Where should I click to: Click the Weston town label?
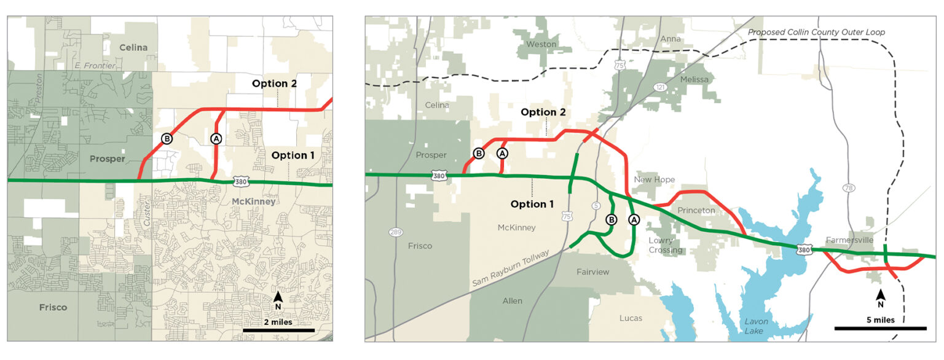point(541,44)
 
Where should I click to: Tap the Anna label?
point(671,39)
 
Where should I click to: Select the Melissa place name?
point(694,80)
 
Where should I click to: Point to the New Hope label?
point(655,179)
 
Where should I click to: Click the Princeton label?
point(696,210)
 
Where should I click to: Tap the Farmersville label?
point(850,240)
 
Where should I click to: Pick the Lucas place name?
point(631,318)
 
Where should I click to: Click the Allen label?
point(512,300)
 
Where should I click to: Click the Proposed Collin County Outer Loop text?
point(816,32)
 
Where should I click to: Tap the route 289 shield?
point(395,232)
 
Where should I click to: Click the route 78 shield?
point(849,188)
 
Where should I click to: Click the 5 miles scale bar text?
point(879,319)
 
